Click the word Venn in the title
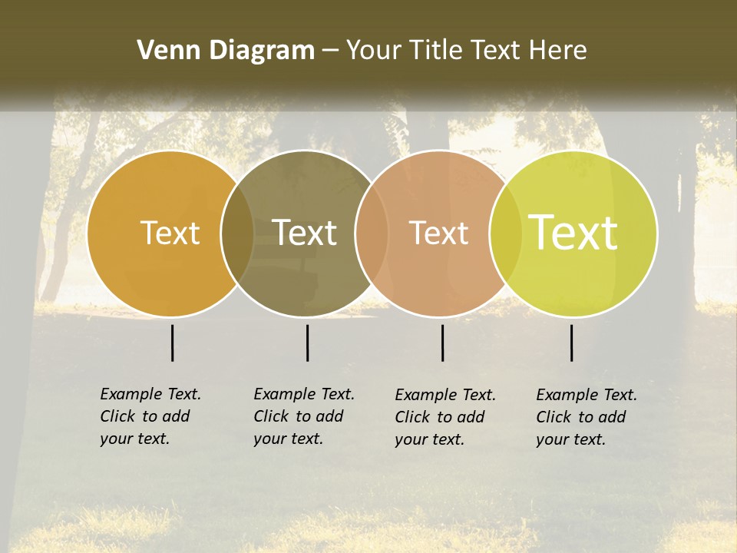(x=162, y=51)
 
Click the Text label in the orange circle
(x=170, y=233)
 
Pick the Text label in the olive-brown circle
(x=305, y=233)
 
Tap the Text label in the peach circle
(x=438, y=233)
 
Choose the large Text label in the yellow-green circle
(x=573, y=233)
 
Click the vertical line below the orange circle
(x=173, y=343)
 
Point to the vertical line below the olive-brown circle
(x=307, y=343)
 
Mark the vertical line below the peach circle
(x=443, y=343)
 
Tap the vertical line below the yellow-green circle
(x=572, y=343)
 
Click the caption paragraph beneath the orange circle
(x=150, y=416)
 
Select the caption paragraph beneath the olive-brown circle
(x=304, y=416)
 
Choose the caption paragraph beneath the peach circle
(x=445, y=417)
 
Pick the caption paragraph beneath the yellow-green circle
(x=587, y=417)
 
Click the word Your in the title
(x=374, y=51)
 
